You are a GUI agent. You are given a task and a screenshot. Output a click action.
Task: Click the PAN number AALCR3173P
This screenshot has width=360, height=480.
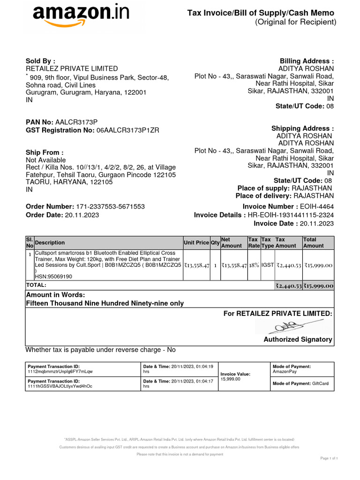click(x=77, y=122)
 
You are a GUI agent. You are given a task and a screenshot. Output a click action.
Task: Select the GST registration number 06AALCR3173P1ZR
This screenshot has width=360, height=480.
click(x=127, y=130)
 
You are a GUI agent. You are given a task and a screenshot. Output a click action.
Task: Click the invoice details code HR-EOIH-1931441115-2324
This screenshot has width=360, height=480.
click(x=291, y=215)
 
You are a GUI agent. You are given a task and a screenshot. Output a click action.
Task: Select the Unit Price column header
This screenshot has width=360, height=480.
click(x=196, y=243)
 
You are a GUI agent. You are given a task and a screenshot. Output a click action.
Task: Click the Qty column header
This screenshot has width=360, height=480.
click(x=215, y=243)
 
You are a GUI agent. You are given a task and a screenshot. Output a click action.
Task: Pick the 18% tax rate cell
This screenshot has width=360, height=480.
click(x=254, y=265)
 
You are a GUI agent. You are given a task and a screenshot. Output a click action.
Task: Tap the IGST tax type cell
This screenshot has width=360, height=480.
click(x=267, y=265)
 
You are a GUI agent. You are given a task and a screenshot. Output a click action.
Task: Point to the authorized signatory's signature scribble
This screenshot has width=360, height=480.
click(x=291, y=326)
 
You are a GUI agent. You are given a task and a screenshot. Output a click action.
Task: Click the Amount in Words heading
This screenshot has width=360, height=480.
click(x=55, y=295)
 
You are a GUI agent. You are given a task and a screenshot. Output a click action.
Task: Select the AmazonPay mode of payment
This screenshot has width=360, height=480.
click(x=285, y=371)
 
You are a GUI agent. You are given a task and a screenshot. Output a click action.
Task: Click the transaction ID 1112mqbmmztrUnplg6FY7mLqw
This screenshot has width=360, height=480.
click(x=60, y=371)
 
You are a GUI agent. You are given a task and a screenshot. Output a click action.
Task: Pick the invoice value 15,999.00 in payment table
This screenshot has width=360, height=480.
click(x=230, y=379)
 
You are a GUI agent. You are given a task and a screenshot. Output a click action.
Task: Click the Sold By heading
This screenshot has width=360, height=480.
click(x=40, y=60)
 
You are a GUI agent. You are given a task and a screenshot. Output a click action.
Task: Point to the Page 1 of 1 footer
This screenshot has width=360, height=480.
click(x=329, y=458)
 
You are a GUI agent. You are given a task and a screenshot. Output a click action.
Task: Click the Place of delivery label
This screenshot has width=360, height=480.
click(x=262, y=195)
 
